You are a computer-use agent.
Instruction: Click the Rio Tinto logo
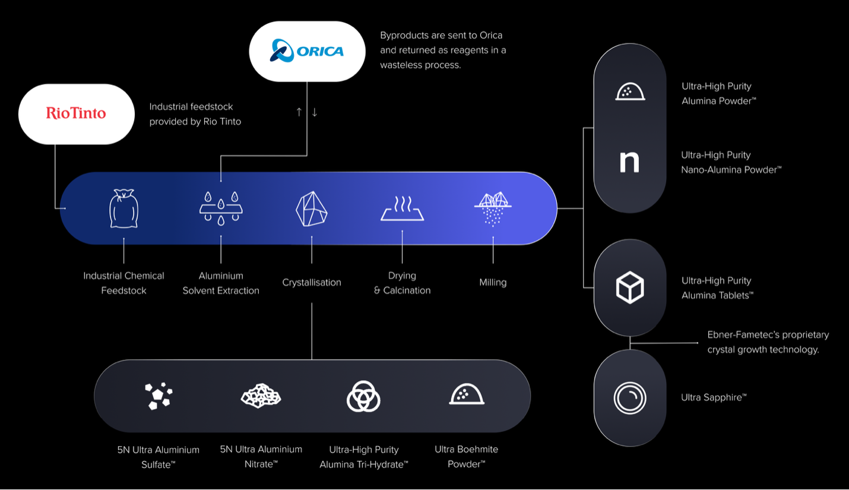76,113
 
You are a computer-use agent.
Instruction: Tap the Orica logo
306,50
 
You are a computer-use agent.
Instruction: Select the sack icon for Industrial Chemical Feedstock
123,208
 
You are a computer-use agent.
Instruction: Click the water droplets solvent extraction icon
221,208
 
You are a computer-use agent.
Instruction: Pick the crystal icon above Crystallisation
312,208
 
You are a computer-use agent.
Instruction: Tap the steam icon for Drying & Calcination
402,208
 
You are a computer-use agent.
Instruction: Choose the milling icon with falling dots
493,208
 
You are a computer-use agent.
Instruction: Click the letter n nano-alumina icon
629,162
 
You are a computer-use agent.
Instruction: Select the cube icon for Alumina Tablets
629,287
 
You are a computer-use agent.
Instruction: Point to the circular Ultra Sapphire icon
629,397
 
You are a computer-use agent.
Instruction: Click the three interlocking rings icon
363,396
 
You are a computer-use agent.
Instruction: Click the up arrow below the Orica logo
299,112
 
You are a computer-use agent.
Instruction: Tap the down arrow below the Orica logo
315,112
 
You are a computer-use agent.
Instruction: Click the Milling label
493,283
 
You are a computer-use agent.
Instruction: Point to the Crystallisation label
312,283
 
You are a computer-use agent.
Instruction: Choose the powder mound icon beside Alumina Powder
629,92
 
